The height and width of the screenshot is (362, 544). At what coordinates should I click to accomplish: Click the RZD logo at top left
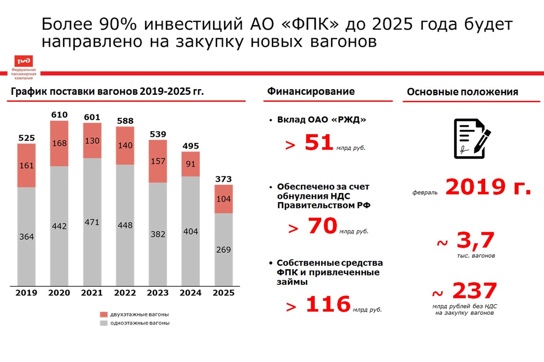click(23, 61)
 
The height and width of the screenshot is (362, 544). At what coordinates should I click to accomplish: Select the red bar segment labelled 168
click(59, 143)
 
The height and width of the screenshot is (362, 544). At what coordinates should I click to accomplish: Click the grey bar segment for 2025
click(223, 249)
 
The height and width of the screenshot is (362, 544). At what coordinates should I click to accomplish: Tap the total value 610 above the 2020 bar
click(59, 115)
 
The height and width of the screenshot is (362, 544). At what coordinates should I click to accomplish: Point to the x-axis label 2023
click(158, 293)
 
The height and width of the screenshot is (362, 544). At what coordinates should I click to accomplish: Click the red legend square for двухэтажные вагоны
click(104, 314)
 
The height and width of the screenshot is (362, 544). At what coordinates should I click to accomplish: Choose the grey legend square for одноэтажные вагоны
click(104, 323)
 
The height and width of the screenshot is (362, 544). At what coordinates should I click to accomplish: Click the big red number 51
click(319, 142)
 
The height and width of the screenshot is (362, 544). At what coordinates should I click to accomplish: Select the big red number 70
click(322, 226)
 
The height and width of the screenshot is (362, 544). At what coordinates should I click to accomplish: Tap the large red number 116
click(328, 304)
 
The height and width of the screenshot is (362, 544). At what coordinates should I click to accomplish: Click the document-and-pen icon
click(472, 138)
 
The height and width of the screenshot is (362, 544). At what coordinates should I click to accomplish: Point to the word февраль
click(425, 192)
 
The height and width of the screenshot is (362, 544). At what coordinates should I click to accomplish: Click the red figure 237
click(475, 291)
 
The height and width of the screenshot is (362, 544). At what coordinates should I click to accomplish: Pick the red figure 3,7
click(475, 240)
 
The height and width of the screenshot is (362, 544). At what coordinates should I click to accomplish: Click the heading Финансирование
click(311, 91)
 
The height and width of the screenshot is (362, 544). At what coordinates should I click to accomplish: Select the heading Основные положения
click(462, 92)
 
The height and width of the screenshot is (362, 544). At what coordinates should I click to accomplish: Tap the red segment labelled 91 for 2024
click(190, 164)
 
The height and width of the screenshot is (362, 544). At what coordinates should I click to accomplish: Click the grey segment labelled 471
click(92, 222)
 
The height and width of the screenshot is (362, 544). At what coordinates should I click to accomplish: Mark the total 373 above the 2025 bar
click(223, 179)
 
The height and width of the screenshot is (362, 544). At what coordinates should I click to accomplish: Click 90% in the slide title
click(118, 24)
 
